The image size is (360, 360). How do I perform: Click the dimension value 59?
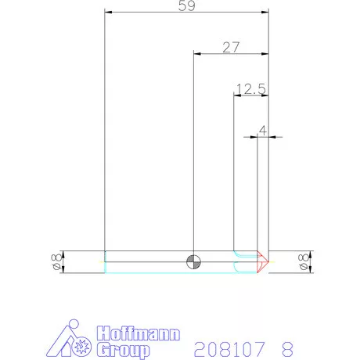[x=186, y=5]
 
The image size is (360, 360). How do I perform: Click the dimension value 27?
[x=230, y=47]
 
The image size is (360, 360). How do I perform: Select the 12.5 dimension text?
[x=251, y=89]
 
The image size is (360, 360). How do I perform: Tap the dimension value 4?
[x=263, y=130]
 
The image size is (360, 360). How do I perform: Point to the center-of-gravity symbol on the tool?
[x=193, y=261]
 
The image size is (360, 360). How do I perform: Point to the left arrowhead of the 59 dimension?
[x=108, y=13]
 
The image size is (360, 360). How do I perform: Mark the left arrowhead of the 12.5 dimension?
[x=236, y=95]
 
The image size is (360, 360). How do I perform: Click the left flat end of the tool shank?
[x=105, y=261]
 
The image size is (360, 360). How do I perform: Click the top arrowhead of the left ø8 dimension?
[x=63, y=254]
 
